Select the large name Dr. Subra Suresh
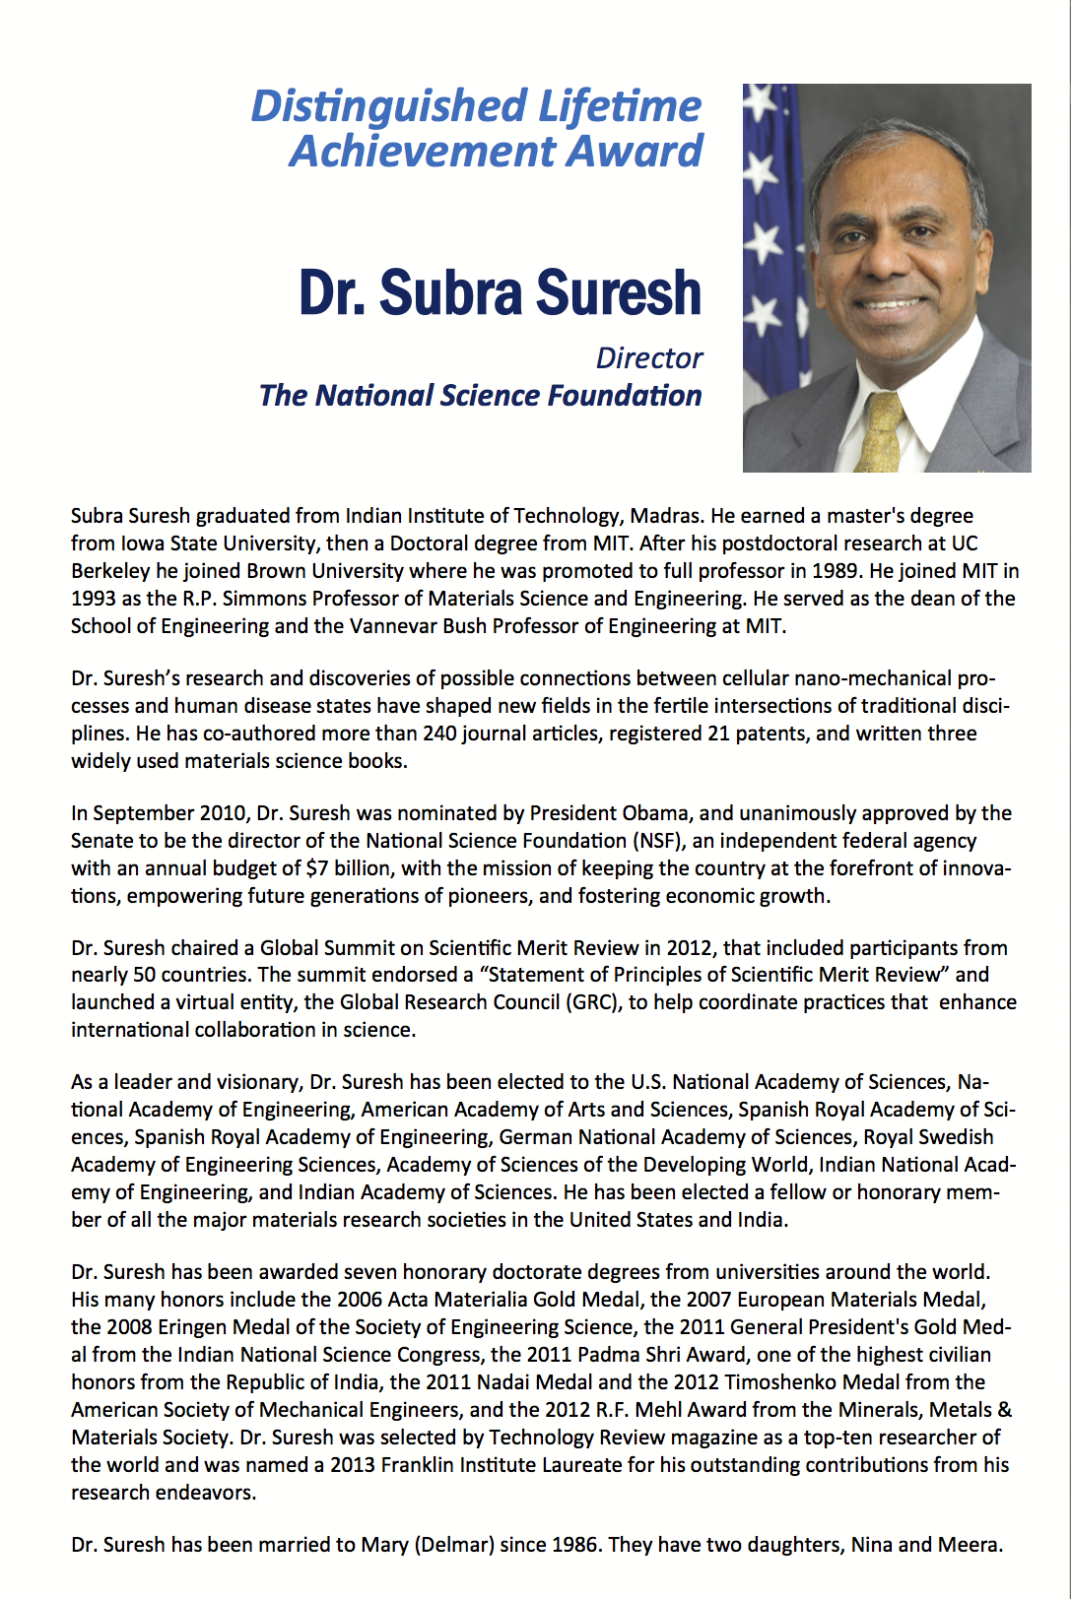(x=500, y=292)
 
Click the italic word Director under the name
(x=648, y=357)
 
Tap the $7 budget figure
(x=317, y=868)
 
